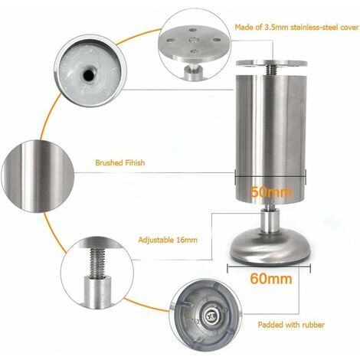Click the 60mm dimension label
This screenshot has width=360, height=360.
271,279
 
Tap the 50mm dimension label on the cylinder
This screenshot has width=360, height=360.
271,191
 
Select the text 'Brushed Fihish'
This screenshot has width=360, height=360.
120,162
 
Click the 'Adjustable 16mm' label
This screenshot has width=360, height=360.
168,240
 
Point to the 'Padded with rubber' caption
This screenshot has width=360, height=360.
291,325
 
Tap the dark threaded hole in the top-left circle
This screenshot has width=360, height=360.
88,74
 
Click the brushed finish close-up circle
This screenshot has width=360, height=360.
38,176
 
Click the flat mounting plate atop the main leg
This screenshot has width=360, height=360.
271,63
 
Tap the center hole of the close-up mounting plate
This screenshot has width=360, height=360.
193,41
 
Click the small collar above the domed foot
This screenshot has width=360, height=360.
270,222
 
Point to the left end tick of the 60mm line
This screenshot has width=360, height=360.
227,269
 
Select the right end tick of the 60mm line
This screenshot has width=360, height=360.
310,269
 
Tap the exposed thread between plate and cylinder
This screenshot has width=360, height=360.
271,70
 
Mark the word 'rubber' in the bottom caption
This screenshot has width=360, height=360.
313,325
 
